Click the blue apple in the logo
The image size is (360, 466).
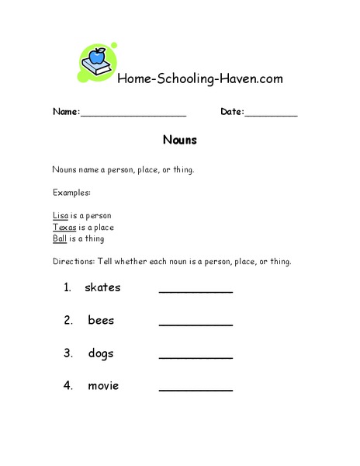click(x=98, y=56)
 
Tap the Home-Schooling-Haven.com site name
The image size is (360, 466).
click(x=199, y=78)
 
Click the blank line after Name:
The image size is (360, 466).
click(x=133, y=113)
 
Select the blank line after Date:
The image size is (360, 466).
click(x=271, y=113)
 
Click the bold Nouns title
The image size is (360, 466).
click(x=180, y=141)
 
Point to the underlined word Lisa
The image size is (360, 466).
click(x=61, y=215)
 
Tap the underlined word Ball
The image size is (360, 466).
click(x=60, y=238)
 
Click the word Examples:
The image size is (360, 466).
click(x=72, y=192)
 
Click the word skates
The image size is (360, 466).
click(x=102, y=287)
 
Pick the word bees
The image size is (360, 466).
click(x=101, y=320)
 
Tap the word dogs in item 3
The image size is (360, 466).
click(x=101, y=353)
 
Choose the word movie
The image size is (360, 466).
click(x=103, y=386)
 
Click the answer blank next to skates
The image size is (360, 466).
click(x=196, y=291)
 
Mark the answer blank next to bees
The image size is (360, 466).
click(x=196, y=324)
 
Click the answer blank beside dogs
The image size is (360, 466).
click(x=196, y=356)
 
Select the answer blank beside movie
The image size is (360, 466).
click(x=196, y=389)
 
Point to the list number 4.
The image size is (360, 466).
click(x=68, y=386)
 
